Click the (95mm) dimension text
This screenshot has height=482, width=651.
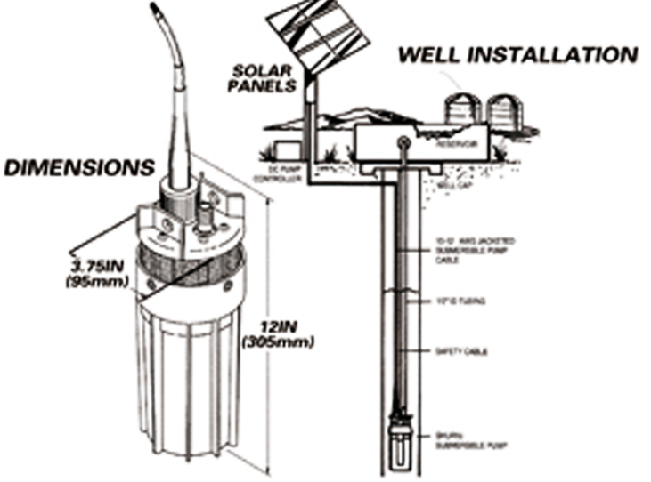pos(97,284)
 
